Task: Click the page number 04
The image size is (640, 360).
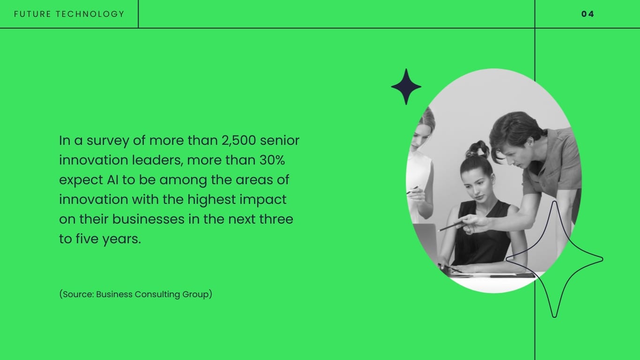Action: tap(588, 14)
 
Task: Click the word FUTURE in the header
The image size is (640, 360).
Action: tap(33, 14)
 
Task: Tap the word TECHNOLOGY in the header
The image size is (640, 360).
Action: tap(90, 14)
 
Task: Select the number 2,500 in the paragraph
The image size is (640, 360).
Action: tap(238, 140)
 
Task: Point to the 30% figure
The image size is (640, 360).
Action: tap(272, 160)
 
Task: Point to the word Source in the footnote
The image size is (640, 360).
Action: tap(78, 294)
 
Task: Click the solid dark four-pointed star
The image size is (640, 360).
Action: tap(406, 87)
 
